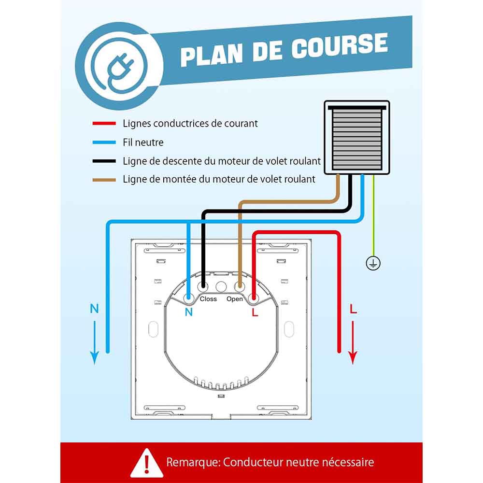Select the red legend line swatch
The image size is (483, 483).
tap(104, 124)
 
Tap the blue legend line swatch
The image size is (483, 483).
tap(104, 142)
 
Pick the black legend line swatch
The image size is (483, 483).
tap(104, 161)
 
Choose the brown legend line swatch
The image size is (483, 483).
tap(104, 180)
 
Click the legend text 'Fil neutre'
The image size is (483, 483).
tap(143, 142)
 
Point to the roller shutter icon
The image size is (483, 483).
tap(357, 137)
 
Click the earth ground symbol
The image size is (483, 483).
tap(373, 263)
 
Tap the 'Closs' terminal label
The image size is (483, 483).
tap(208, 299)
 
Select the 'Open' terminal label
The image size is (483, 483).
tap(235, 299)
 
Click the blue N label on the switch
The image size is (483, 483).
tap(189, 312)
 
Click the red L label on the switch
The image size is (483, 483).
tap(255, 312)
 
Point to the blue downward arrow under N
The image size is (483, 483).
tap(94, 342)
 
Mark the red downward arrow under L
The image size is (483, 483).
tap(353, 342)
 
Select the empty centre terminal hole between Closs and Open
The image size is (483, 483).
tap(221, 287)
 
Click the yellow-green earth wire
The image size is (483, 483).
tap(373, 215)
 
